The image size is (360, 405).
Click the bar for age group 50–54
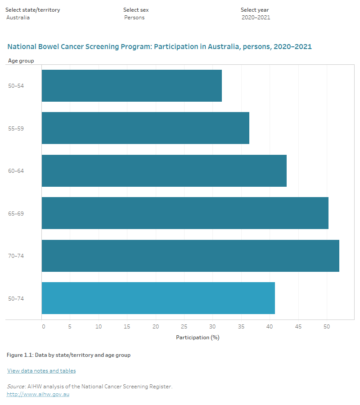131,85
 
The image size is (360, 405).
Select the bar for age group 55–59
145,128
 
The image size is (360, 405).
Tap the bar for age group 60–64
164,171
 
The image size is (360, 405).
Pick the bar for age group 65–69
185,213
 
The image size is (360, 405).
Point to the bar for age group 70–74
190,256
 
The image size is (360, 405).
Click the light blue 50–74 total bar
158,298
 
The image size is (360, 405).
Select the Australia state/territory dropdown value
18,18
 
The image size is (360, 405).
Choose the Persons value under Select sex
135,18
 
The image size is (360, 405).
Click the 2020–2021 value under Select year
256,18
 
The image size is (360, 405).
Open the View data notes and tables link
41,371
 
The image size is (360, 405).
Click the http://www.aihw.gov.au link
38,394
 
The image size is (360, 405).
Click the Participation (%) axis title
198,337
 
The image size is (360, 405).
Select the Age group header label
21,60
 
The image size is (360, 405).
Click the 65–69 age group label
16,213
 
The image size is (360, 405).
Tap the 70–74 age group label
16,256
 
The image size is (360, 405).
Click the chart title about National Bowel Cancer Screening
159,46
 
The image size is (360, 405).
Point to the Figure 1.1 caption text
68,355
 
